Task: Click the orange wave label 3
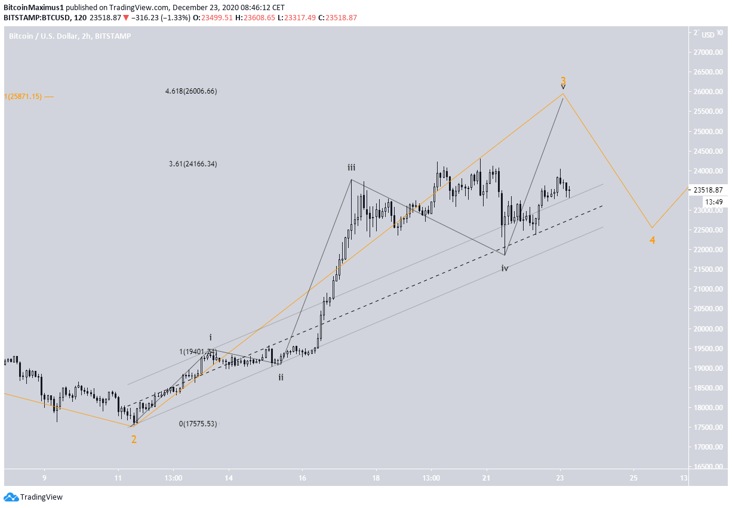[563, 80]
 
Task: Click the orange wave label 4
[653, 240]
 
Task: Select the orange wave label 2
[134, 439]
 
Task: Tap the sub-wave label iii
[353, 168]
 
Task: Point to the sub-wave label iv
[505, 268]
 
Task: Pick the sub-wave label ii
[281, 377]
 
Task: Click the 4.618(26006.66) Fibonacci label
[191, 92]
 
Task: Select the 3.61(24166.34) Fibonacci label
[193, 164]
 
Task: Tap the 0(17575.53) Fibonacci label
[198, 424]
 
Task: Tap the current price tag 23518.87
[708, 190]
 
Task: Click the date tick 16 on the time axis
[303, 478]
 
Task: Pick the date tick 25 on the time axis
[633, 478]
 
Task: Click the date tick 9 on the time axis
[44, 478]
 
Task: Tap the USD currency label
[708, 35]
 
